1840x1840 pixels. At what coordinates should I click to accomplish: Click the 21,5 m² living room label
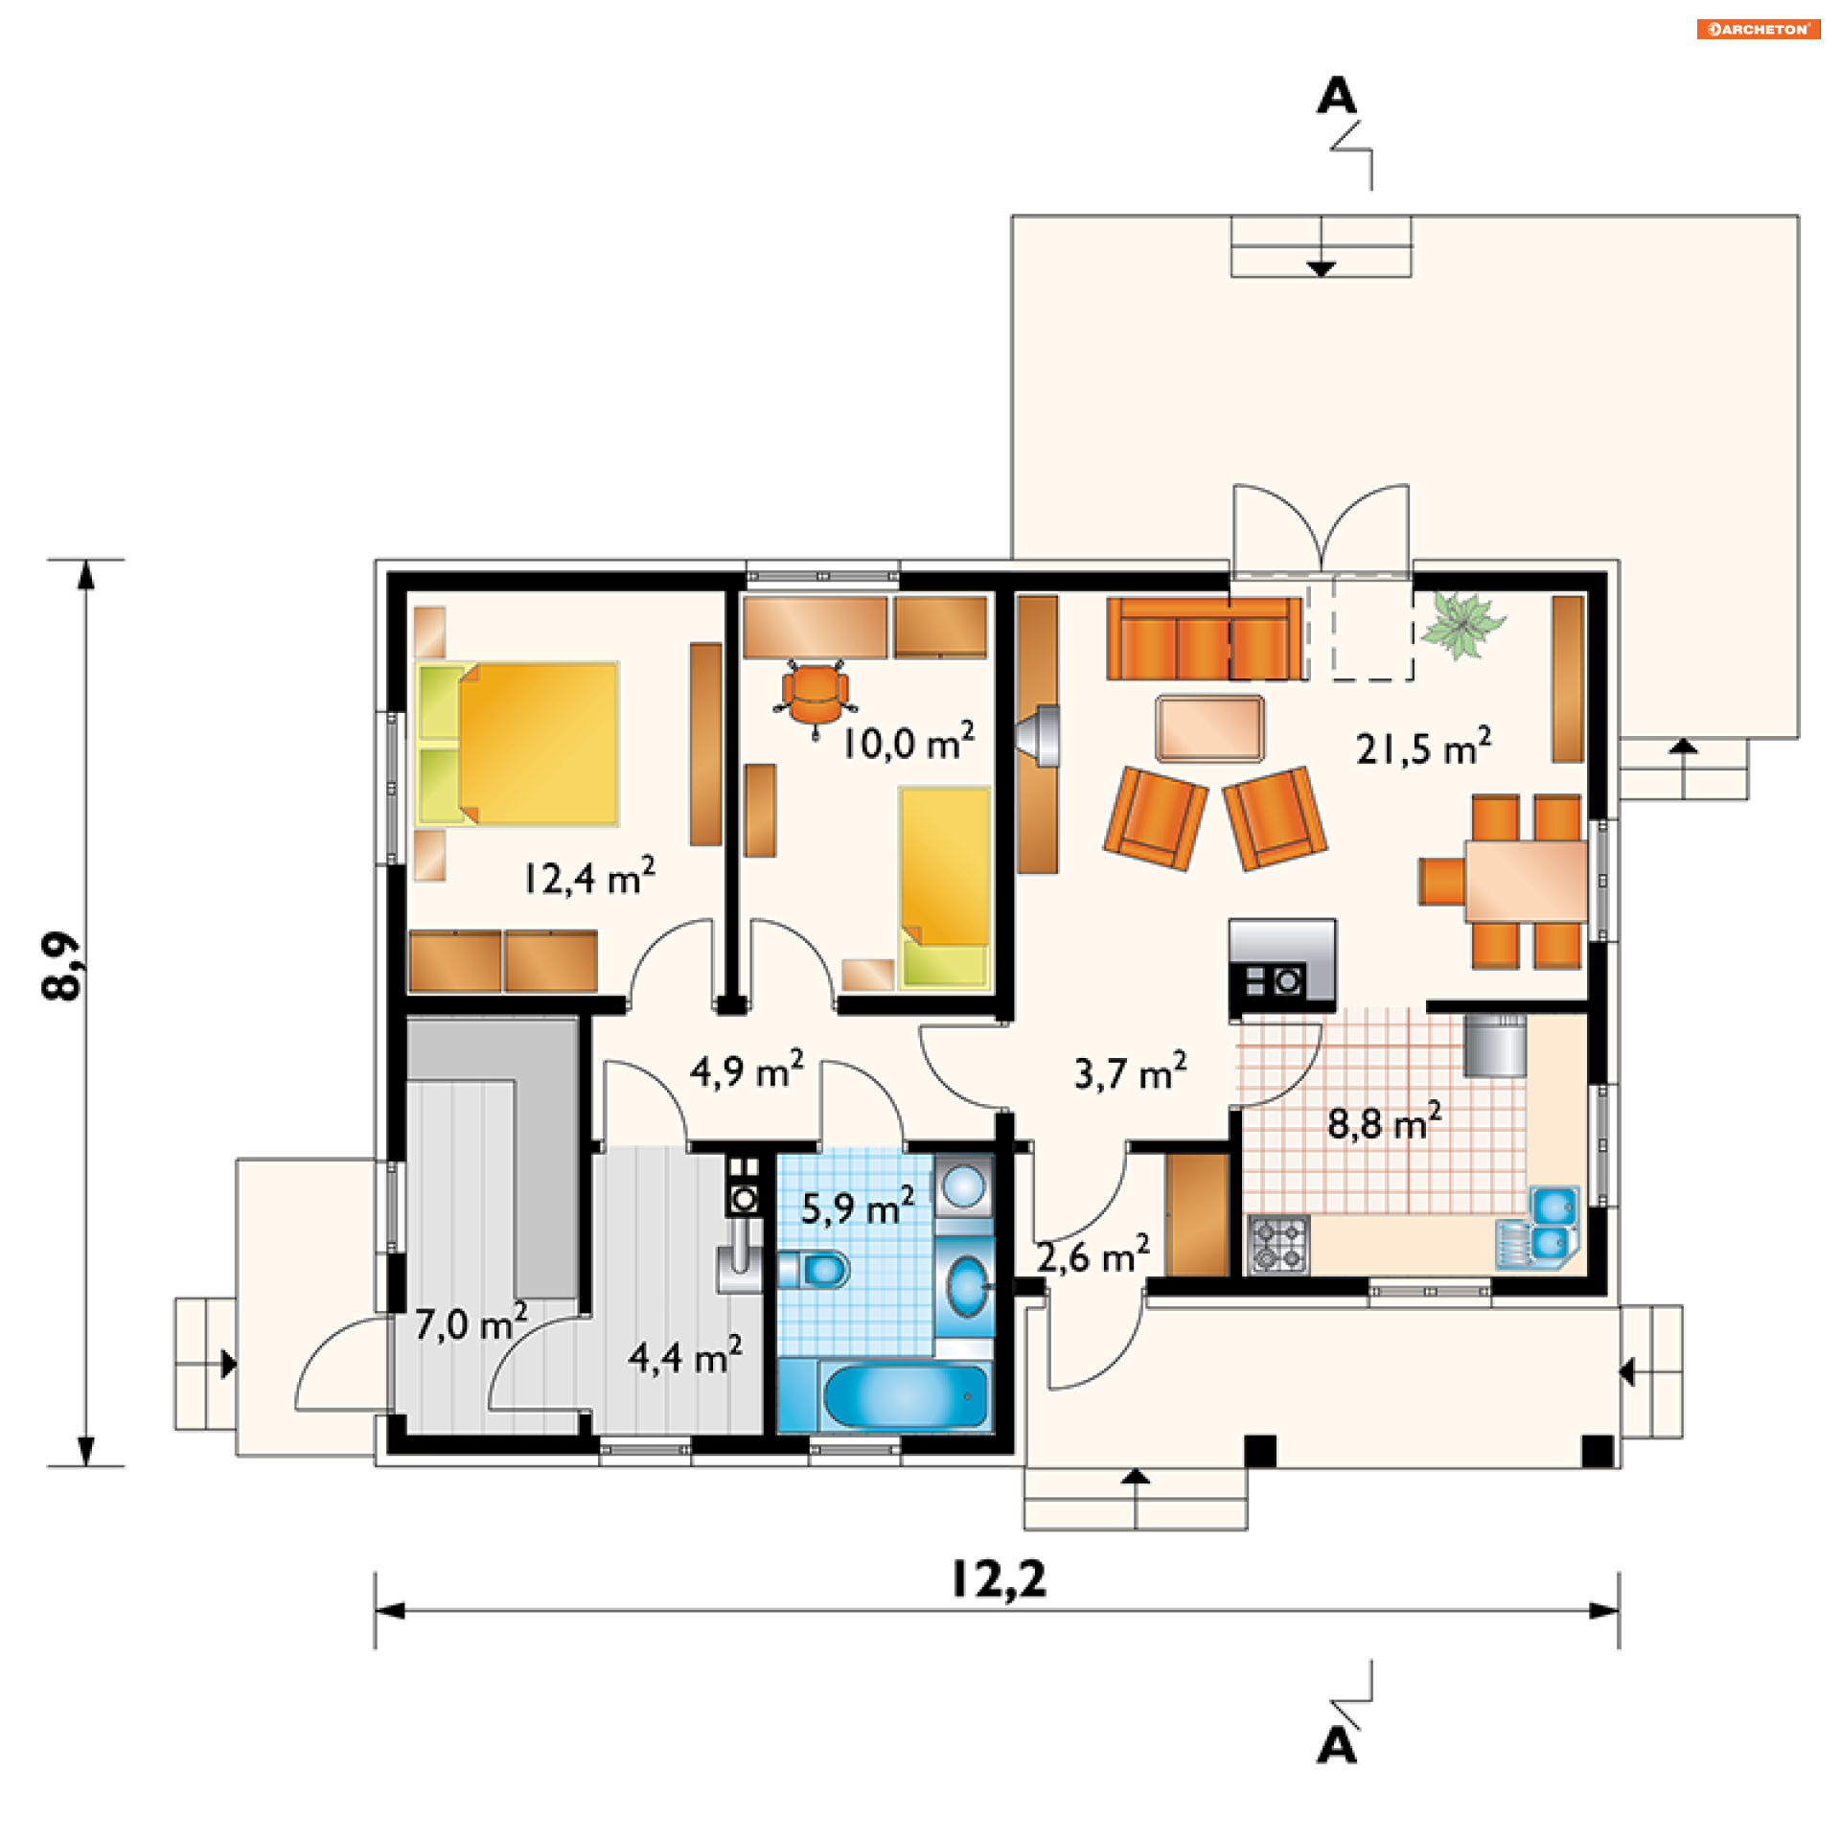(1423, 747)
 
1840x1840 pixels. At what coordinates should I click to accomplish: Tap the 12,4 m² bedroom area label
(589, 876)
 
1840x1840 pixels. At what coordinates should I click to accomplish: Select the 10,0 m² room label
(908, 742)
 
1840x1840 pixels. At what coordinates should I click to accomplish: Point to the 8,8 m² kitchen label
(1384, 1121)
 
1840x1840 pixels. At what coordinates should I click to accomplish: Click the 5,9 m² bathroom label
(858, 1206)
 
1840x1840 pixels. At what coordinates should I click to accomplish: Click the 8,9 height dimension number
(63, 966)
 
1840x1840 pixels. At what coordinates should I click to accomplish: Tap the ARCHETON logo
(1759, 29)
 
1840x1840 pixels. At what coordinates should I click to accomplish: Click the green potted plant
(1461, 625)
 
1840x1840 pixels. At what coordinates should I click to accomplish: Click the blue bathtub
(905, 1395)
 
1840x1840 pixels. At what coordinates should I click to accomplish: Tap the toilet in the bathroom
(814, 1271)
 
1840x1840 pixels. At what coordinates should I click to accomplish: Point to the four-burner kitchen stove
(1279, 1244)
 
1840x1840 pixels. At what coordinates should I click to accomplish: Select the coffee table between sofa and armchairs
(1209, 729)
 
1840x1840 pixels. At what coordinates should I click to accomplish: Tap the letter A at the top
(1337, 96)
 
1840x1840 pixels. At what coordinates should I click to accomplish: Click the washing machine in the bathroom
(963, 1186)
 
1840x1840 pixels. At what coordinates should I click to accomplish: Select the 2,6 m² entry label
(1092, 1255)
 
